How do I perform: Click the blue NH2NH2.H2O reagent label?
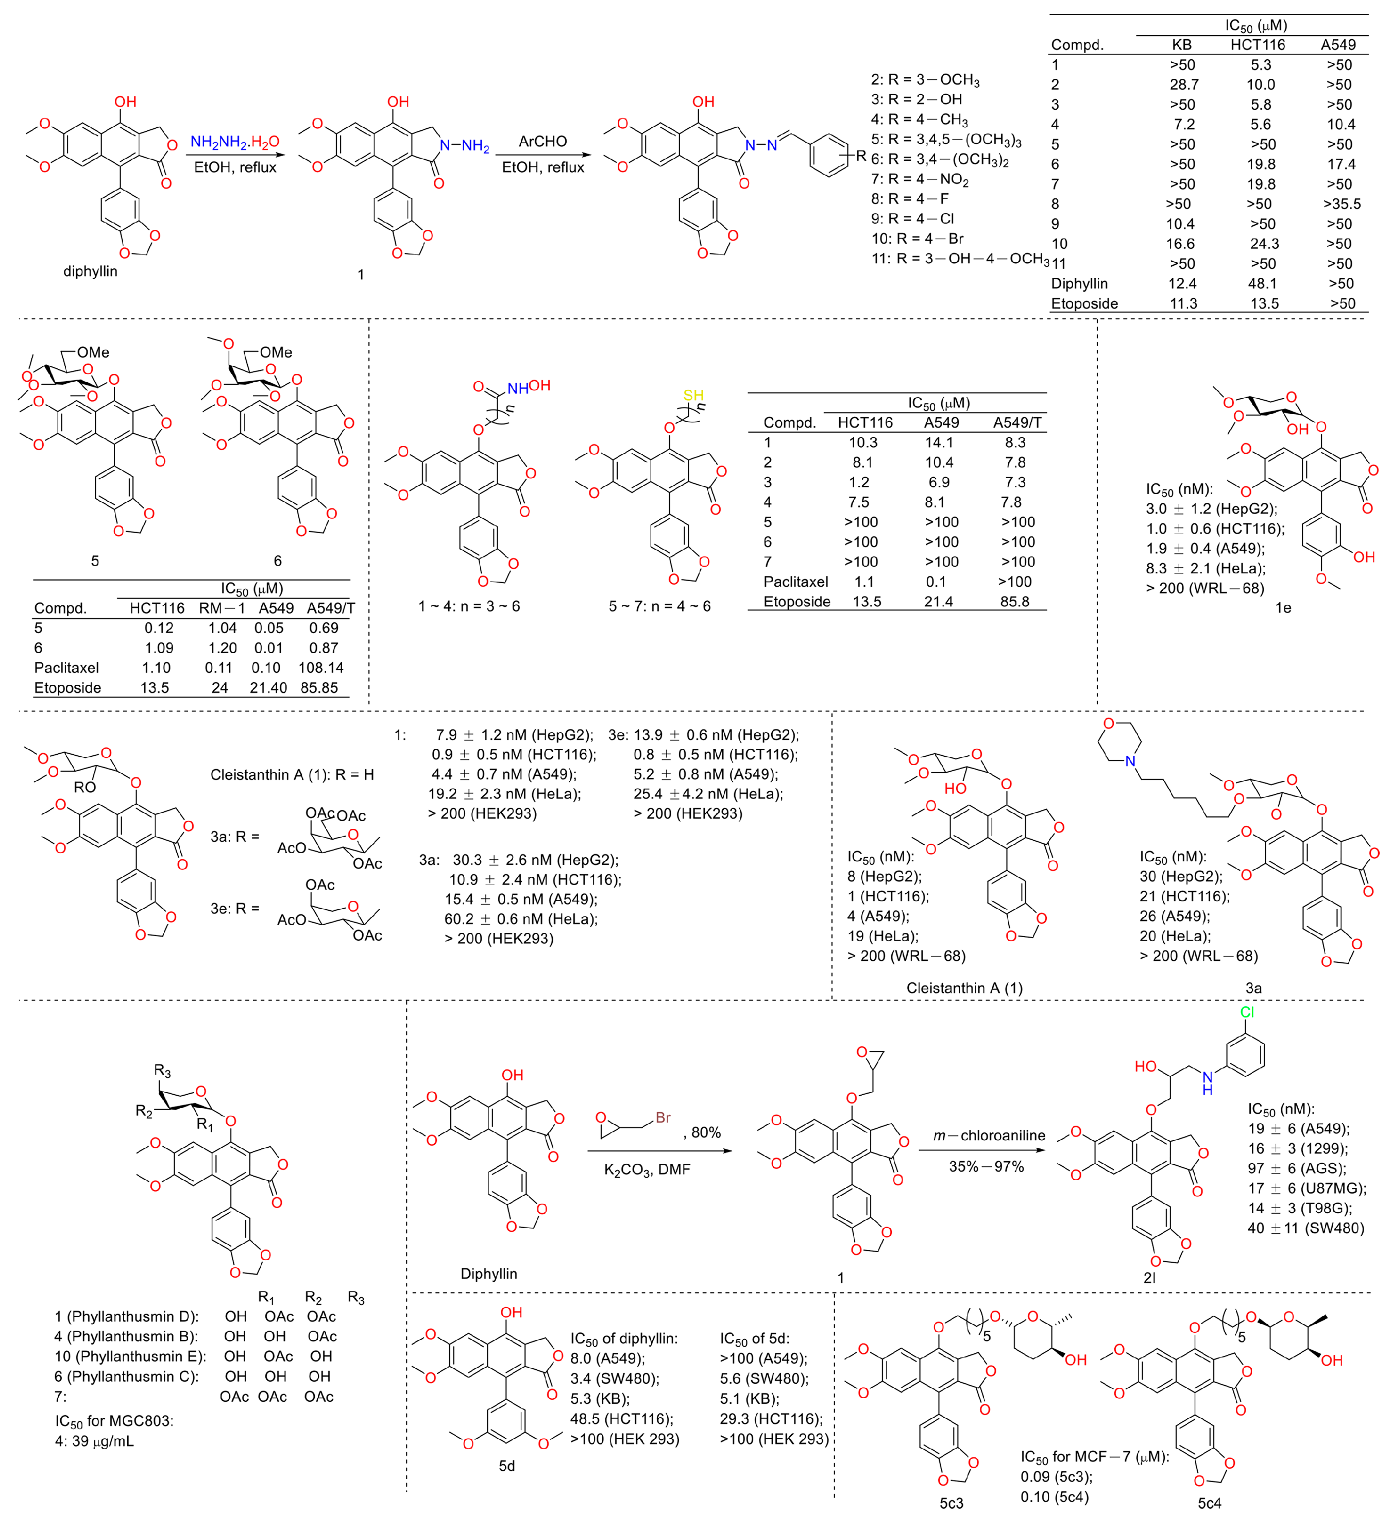click(234, 142)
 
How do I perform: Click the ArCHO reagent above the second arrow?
click(542, 142)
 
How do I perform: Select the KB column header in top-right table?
click(1181, 45)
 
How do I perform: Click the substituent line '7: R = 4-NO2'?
click(920, 180)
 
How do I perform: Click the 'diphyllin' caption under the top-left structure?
click(90, 271)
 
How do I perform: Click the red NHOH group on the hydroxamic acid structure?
click(529, 387)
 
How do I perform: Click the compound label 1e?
click(1283, 607)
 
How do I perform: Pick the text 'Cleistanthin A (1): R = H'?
click(292, 774)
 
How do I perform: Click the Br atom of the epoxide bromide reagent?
click(663, 1117)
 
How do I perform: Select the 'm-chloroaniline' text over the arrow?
click(989, 1135)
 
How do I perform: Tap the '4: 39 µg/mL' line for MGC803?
click(94, 1441)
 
